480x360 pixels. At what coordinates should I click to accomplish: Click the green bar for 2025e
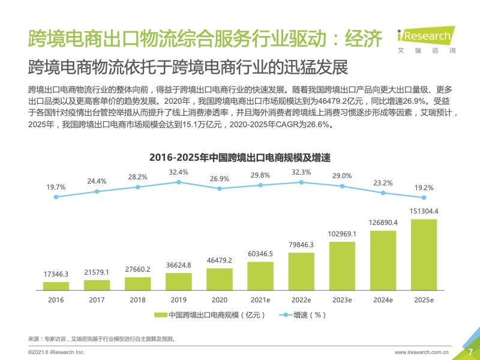click(424, 254)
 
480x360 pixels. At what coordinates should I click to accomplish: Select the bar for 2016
click(56, 286)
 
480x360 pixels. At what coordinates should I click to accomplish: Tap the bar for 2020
click(220, 279)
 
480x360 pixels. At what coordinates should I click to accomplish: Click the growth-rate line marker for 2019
click(179, 182)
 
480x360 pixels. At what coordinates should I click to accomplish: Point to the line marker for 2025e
click(424, 197)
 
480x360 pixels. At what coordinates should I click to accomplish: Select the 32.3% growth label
click(301, 172)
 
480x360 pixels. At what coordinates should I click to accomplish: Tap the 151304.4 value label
click(424, 211)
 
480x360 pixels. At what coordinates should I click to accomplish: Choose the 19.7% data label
click(56, 187)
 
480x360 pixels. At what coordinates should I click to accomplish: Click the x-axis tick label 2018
click(137, 299)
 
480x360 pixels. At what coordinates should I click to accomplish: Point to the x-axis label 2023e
click(342, 299)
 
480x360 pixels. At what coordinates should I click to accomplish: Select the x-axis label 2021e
click(260, 299)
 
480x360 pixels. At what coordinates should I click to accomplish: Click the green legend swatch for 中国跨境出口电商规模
click(160, 315)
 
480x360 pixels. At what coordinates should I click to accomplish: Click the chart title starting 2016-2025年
click(240, 157)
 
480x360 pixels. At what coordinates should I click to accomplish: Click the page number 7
click(470, 352)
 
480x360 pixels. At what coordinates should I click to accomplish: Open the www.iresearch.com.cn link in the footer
click(422, 352)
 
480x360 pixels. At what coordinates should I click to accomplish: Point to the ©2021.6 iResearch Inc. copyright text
click(56, 352)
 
